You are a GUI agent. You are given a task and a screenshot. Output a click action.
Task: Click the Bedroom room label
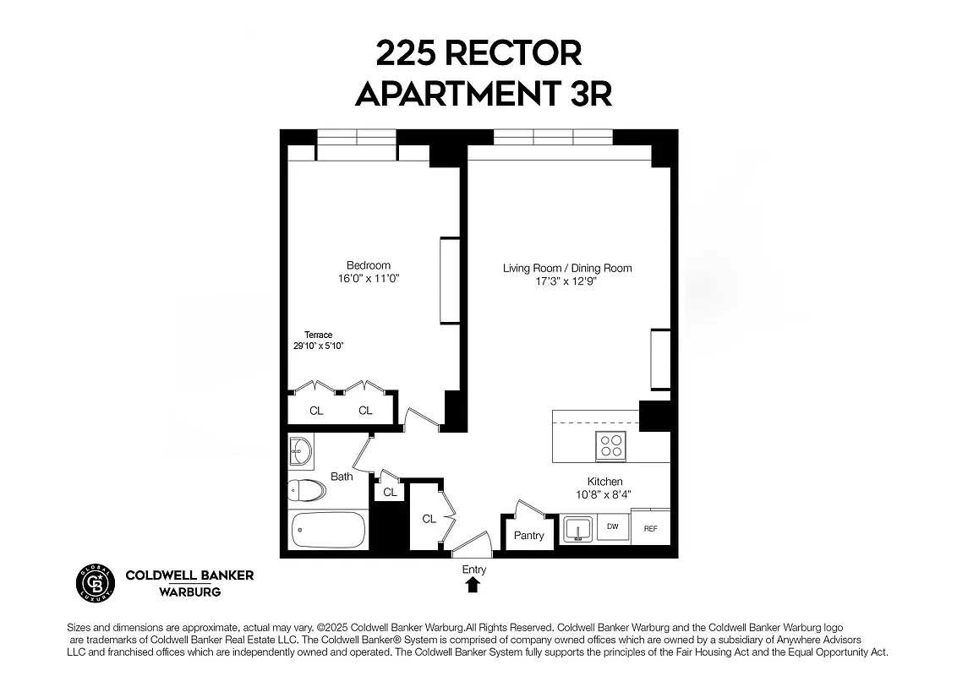click(369, 265)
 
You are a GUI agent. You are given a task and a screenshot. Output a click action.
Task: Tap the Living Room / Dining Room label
click(567, 269)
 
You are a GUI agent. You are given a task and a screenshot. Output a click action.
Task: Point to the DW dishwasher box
click(613, 526)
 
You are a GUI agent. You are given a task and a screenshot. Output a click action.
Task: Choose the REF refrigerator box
click(650, 529)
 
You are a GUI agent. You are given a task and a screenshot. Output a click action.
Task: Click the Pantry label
click(529, 536)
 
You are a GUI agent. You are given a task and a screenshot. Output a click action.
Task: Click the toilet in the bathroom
click(306, 490)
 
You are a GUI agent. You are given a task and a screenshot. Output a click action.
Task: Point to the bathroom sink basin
click(299, 452)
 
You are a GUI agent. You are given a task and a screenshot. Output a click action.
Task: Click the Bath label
click(342, 477)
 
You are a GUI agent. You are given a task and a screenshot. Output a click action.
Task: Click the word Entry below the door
click(473, 570)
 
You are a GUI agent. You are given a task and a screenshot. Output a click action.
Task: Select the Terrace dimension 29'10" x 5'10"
click(318, 346)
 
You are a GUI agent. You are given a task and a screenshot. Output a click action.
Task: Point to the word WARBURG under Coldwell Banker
click(190, 591)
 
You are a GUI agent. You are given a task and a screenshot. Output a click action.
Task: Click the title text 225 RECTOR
click(478, 53)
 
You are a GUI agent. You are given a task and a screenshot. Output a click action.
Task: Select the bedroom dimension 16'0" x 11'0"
click(369, 278)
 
